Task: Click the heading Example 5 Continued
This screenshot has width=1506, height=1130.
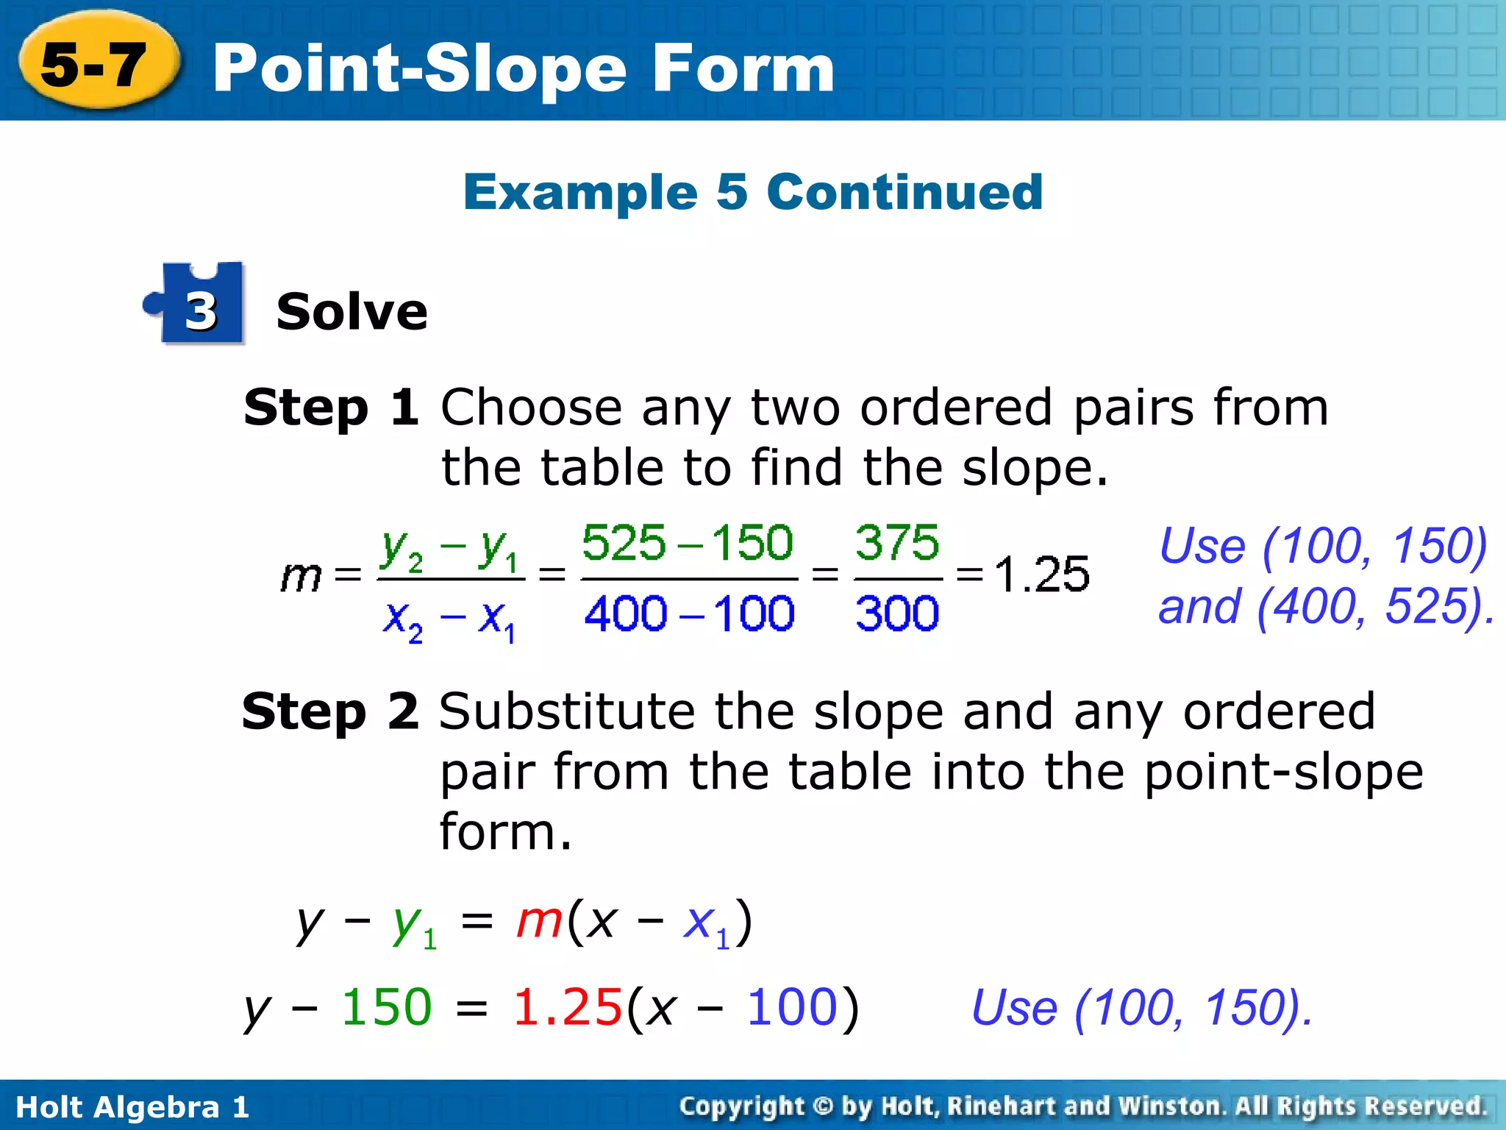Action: tap(752, 192)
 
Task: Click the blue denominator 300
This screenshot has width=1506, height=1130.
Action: tap(897, 613)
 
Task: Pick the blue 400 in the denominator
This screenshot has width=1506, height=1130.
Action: tap(626, 613)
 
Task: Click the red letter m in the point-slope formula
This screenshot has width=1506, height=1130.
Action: tap(539, 920)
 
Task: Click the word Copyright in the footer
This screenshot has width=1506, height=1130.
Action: tap(741, 1106)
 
